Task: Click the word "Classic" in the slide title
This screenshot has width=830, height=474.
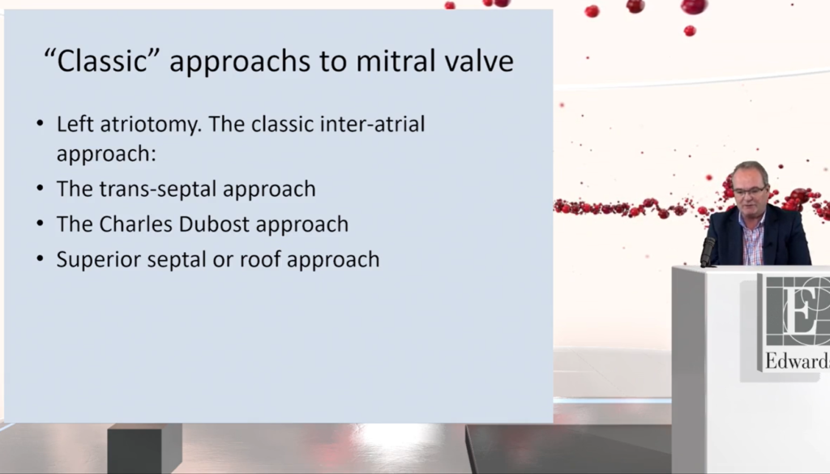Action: (x=101, y=60)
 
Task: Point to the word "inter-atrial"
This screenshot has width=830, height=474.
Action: (x=373, y=124)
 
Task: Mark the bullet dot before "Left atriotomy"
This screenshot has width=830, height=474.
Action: (x=41, y=124)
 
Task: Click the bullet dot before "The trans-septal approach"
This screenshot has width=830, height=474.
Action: (x=41, y=188)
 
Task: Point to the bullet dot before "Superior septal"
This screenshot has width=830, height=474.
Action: (x=41, y=258)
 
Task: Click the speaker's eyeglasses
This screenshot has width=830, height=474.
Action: (x=750, y=190)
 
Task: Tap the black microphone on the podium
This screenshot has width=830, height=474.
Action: (x=708, y=252)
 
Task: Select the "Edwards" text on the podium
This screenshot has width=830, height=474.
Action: (x=798, y=361)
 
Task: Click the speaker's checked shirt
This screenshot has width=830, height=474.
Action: (x=753, y=238)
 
